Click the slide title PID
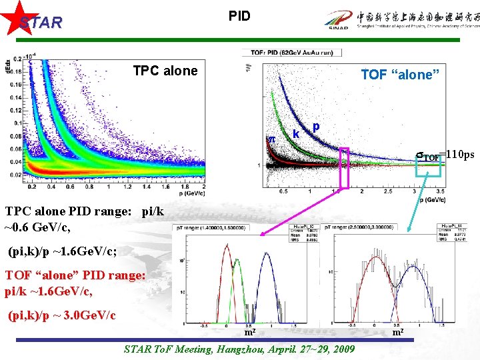tap(239, 15)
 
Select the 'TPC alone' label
tap(165, 71)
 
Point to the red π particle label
tap(271, 138)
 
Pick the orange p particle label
tap(316, 126)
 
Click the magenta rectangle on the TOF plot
tap(344, 167)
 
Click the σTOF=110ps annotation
tap(444, 155)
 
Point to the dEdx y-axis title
tap(7, 67)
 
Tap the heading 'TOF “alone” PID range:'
tap(74, 275)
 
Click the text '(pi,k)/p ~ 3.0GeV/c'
tap(62, 315)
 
